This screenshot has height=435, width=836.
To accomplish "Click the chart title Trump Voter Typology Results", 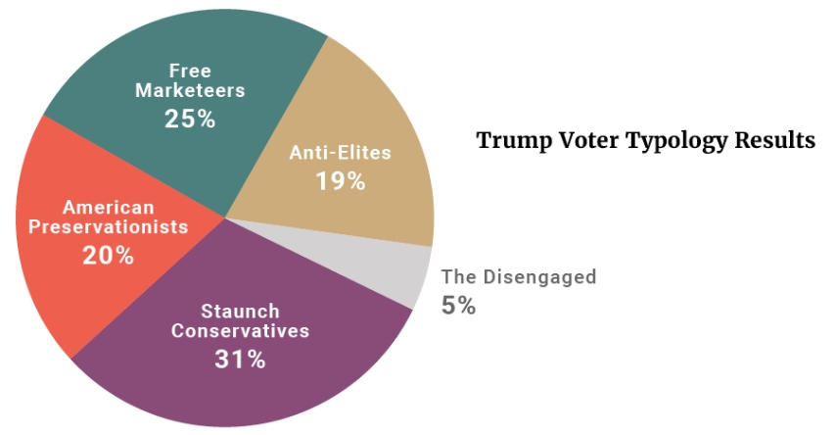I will [x=645, y=141].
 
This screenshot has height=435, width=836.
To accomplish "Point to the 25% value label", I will [x=190, y=120].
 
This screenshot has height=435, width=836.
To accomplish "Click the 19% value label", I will [x=340, y=181].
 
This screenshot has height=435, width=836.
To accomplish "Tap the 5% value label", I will [x=458, y=306].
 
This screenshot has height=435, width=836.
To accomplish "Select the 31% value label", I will [x=240, y=360].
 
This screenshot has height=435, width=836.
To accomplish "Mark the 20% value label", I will [x=109, y=256].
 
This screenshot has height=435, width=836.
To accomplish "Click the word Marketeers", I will [x=190, y=90].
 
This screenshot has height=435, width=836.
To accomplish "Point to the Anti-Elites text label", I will [x=340, y=153].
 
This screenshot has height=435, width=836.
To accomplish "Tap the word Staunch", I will [x=240, y=311].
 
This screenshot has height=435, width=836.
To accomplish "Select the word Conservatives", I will [x=240, y=331].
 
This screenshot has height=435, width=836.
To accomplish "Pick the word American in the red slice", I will [x=109, y=207].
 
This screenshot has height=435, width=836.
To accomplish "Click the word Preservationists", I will [x=109, y=227].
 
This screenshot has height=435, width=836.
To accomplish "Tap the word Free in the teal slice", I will [x=190, y=71].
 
